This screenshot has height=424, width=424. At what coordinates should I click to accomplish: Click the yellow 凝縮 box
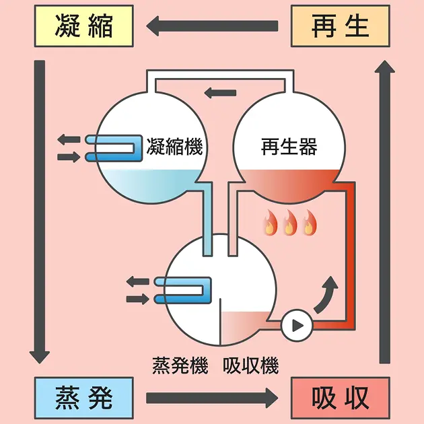[x=84, y=26]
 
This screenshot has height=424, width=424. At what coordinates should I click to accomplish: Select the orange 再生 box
[x=340, y=26]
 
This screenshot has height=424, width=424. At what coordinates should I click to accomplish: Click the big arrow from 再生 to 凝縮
[x=212, y=26]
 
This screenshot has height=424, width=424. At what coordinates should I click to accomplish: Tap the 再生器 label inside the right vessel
[x=289, y=146]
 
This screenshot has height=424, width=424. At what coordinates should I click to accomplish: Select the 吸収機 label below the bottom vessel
[x=250, y=365]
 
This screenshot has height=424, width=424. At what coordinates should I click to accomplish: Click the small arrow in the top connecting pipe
[x=220, y=92]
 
